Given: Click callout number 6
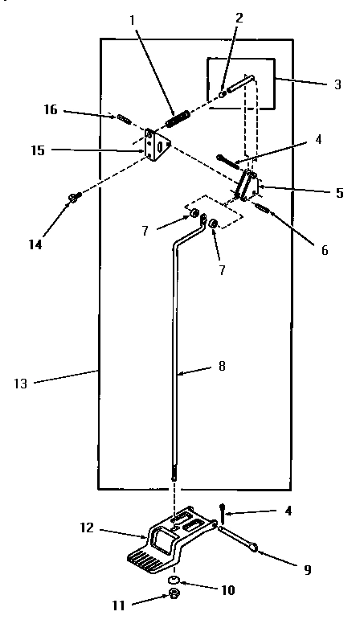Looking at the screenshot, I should [x=325, y=250].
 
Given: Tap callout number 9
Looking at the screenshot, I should [x=306, y=569].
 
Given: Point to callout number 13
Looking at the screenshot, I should [x=21, y=384].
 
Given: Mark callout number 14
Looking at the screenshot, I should [x=35, y=244].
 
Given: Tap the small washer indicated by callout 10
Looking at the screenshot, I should [x=172, y=579].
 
